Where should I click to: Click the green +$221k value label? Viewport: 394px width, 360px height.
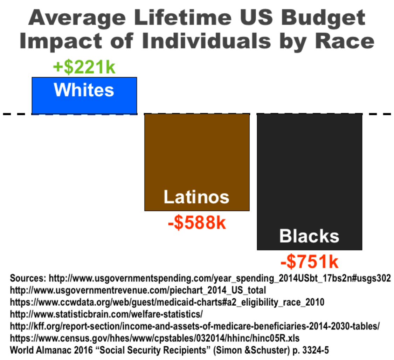(x=84, y=68)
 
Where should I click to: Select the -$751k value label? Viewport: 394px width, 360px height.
(x=309, y=262)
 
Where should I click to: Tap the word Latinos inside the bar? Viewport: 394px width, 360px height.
(x=196, y=197)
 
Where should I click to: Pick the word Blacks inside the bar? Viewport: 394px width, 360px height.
(x=309, y=236)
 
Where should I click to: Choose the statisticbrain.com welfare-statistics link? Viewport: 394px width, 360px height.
(x=106, y=314)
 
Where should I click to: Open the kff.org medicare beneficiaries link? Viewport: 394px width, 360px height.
(x=195, y=326)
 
